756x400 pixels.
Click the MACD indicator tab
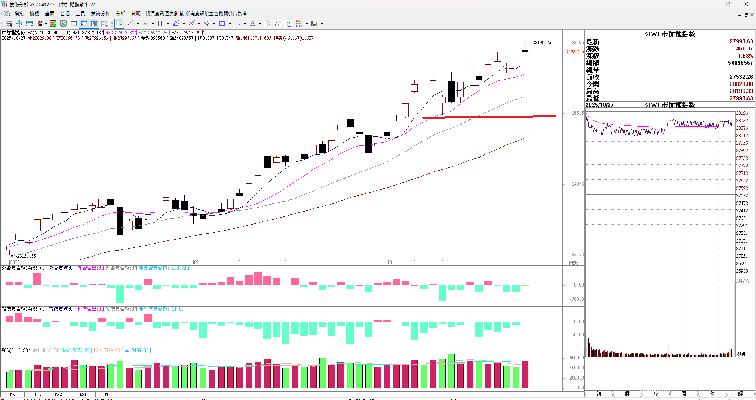coord(59,394)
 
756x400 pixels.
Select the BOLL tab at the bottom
coord(36,394)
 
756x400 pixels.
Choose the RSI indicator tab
coord(83,394)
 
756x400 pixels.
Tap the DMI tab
coord(107,394)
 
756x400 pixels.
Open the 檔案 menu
coord(19,14)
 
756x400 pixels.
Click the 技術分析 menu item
coord(100,14)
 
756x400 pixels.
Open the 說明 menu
coord(135,14)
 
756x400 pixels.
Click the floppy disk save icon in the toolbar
coord(314,24)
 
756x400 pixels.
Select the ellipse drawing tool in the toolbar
coord(237,24)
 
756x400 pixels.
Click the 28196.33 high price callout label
coord(542,43)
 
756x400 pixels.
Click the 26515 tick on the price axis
coord(578,113)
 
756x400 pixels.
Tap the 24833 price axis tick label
coord(578,184)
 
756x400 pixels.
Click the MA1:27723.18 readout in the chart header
coord(87,33)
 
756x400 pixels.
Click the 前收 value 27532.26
coord(741,77)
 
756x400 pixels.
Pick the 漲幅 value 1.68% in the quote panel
coord(745,56)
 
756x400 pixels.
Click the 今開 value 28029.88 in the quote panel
coord(741,84)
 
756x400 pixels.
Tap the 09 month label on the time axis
coord(196,262)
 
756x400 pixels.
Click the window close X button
coord(746,4)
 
